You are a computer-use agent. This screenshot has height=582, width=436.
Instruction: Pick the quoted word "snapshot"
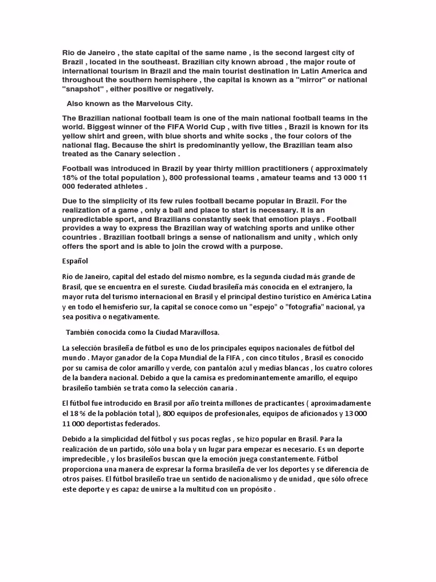coord(85,89)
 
